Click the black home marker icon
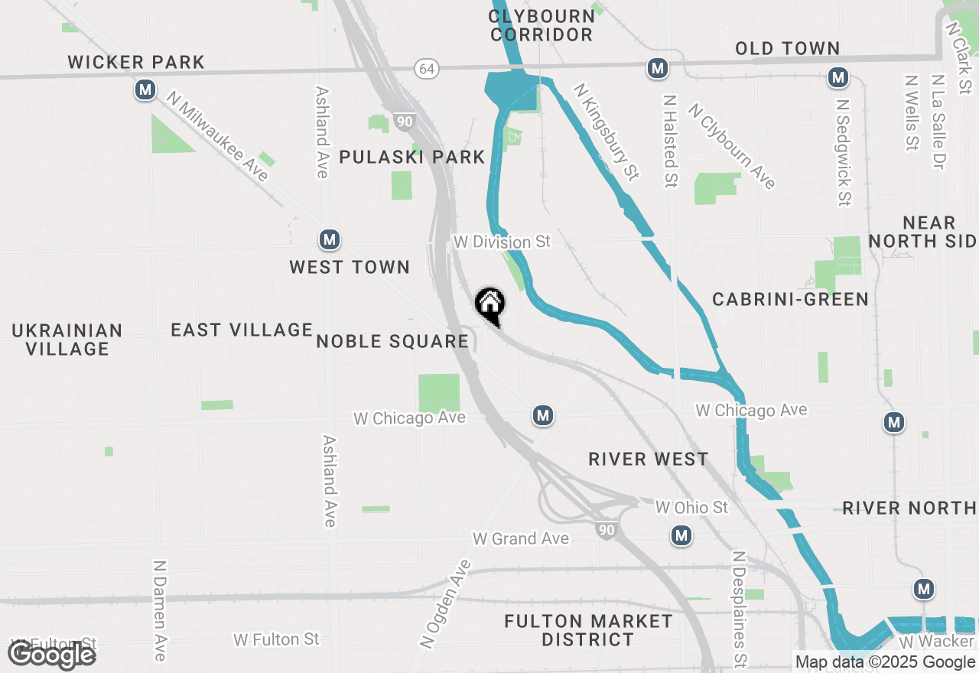[x=489, y=304]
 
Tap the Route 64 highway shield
[x=428, y=69]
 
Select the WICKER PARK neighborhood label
[x=136, y=62]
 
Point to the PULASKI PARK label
[x=412, y=157]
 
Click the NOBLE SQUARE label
[x=392, y=341]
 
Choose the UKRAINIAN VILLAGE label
[x=67, y=340]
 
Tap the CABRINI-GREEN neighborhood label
[x=790, y=299]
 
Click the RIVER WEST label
[x=648, y=459]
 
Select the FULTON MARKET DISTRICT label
[x=588, y=630]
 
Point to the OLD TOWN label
[x=788, y=48]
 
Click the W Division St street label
[x=502, y=242]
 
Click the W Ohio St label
[x=691, y=507]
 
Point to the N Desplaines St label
[x=739, y=609]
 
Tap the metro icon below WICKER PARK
[x=145, y=90]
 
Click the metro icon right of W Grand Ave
[x=681, y=536]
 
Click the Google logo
[x=51, y=655]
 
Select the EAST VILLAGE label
[x=242, y=330]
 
